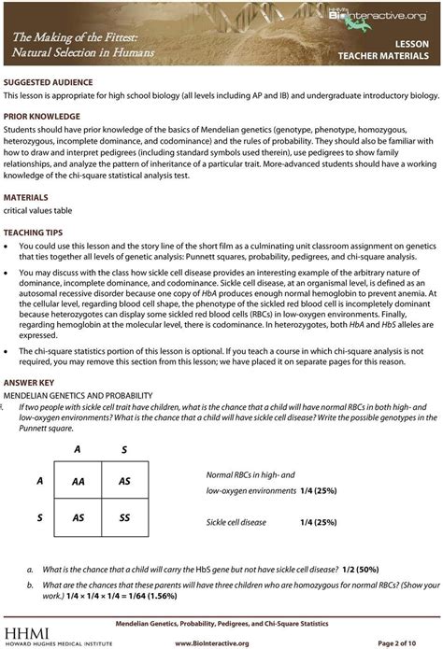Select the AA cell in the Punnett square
(79, 482)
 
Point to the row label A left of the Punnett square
(40, 481)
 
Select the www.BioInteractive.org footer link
(221, 643)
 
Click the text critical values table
(39, 211)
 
